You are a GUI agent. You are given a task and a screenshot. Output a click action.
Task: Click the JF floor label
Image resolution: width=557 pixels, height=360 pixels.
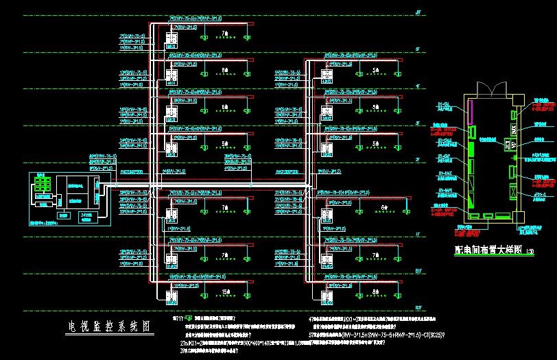[x=418, y=12]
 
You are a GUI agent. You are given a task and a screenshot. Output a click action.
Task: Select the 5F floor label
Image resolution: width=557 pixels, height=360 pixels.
[x=417, y=49]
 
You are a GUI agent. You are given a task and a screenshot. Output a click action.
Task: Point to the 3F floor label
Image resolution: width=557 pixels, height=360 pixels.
[x=417, y=123]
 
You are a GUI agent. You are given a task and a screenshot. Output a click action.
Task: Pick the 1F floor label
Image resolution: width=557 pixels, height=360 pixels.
[x=417, y=235]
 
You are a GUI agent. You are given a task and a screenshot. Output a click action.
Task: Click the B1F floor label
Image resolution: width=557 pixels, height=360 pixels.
[x=417, y=272]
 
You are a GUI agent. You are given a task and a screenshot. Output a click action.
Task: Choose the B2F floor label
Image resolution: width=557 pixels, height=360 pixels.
[x=417, y=308]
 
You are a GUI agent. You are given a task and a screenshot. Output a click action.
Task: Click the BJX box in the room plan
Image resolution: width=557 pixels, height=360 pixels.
[x=513, y=129]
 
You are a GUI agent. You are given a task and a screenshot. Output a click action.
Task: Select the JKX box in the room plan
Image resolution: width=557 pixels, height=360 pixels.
[x=508, y=145]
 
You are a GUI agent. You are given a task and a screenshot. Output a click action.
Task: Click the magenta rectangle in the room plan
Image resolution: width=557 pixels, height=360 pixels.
[x=471, y=109]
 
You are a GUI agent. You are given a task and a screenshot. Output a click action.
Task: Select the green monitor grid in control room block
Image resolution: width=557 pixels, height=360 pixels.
[x=45, y=186]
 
